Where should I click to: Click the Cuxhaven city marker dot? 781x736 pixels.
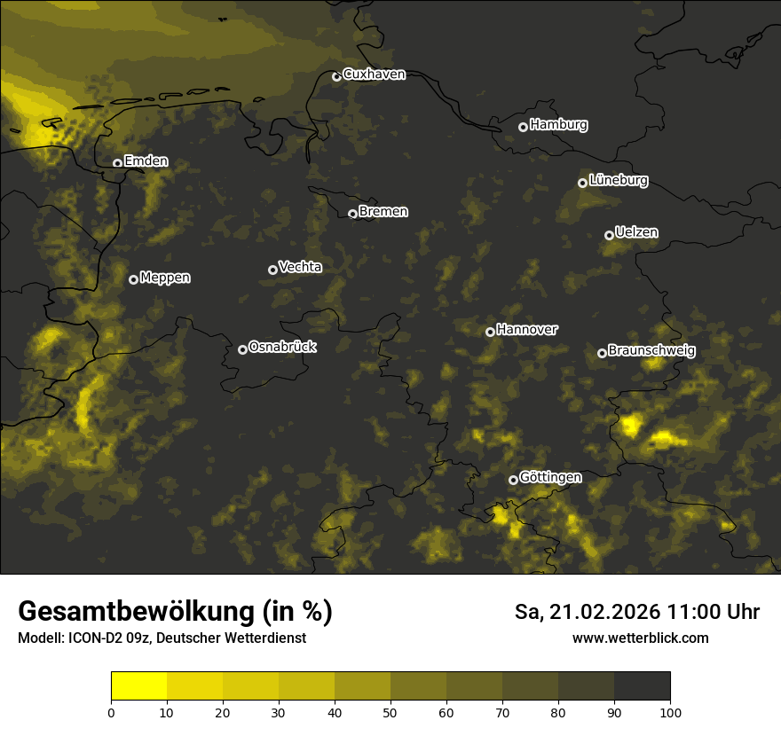336,77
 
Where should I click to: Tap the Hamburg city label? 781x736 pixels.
558,125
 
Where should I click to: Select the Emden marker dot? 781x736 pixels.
117,163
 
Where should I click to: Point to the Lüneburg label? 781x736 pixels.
618,181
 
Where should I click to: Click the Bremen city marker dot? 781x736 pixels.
352,214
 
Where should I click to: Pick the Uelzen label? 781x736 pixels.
636,232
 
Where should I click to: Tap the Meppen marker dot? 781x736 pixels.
133,279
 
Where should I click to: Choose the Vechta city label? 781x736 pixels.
300,267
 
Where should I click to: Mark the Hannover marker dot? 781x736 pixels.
490,332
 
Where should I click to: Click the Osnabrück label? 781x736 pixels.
282,347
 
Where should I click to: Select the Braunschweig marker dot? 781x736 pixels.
602,353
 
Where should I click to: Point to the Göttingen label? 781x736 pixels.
550,477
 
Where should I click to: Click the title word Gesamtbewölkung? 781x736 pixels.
137,612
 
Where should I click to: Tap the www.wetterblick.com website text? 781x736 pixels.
640,638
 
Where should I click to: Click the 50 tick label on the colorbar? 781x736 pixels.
390,712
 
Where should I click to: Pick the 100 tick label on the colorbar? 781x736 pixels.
670,712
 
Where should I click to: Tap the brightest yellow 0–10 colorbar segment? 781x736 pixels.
139,686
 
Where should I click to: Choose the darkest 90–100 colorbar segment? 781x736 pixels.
642,686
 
